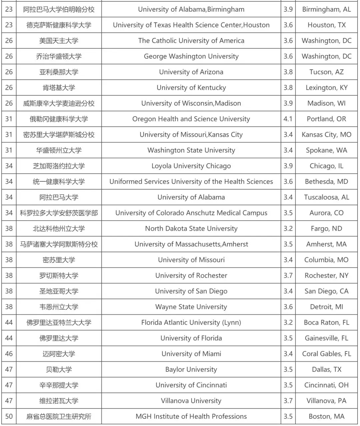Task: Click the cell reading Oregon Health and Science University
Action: (x=191, y=119)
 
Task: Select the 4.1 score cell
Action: (x=288, y=119)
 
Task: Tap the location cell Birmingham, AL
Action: (x=326, y=9)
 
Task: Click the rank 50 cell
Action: (x=9, y=416)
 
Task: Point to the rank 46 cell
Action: (x=9, y=354)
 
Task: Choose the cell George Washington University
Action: (x=191, y=56)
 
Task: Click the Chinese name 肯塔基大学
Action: (x=59, y=88)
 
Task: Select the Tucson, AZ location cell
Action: (x=326, y=72)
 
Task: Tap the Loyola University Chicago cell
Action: (x=191, y=166)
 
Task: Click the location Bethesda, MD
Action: (x=326, y=182)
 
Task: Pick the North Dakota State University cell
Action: (x=191, y=229)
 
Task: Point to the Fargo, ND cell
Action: (x=326, y=229)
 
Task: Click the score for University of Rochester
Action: (x=288, y=276)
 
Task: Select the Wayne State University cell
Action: (x=191, y=307)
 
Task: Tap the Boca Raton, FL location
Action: (x=326, y=323)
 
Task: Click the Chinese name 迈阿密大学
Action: (x=59, y=354)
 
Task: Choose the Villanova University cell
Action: (x=191, y=401)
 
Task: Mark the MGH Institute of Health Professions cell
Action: (x=191, y=416)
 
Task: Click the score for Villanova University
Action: (x=288, y=401)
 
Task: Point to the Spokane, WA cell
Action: (x=326, y=150)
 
